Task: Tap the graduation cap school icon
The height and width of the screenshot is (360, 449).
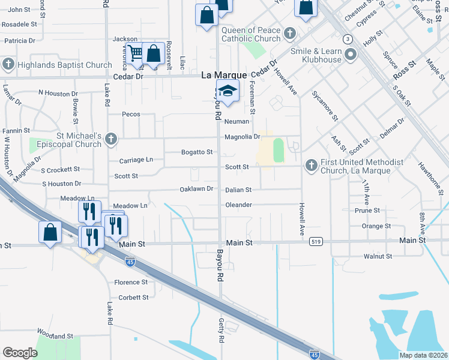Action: pyautogui.click(x=228, y=91)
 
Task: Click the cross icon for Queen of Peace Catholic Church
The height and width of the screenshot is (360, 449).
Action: pyautogui.click(x=290, y=32)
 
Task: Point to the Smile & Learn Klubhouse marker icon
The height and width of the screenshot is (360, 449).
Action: pyautogui.click(x=349, y=55)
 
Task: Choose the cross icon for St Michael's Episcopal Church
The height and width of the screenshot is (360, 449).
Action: pyautogui.click(x=110, y=139)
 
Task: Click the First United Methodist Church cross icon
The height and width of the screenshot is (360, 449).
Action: pyautogui.click(x=311, y=164)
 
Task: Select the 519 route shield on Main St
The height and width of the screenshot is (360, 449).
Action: pyautogui.click(x=316, y=241)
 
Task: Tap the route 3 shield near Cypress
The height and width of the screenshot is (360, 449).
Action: pyautogui.click(x=348, y=39)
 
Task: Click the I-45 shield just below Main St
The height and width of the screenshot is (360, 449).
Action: pyautogui.click(x=130, y=261)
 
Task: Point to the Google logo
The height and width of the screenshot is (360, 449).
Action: pyautogui.click(x=20, y=353)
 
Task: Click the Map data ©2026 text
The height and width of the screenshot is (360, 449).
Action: pyautogui.click(x=423, y=355)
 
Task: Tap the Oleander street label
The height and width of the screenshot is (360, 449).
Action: pyautogui.click(x=238, y=205)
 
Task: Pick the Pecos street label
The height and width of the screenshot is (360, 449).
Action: pyautogui.click(x=131, y=114)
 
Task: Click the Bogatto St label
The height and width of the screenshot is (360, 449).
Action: pyautogui.click(x=197, y=152)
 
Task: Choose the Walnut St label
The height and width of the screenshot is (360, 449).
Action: pyautogui.click(x=378, y=256)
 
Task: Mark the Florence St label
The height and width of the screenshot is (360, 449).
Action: pyautogui.click(x=131, y=282)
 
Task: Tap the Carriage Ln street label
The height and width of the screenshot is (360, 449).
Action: pyautogui.click(x=136, y=160)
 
